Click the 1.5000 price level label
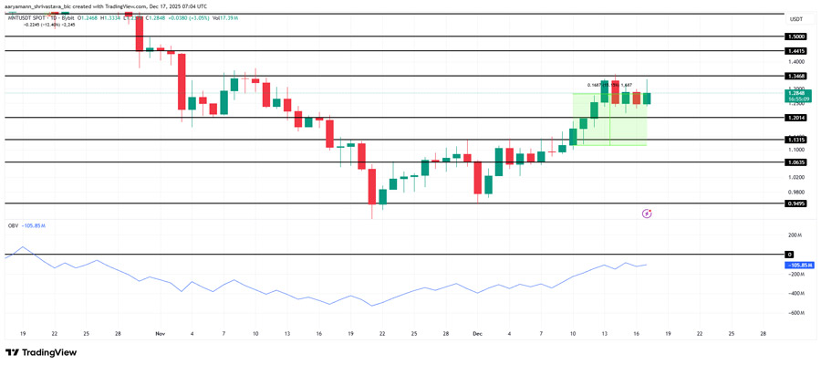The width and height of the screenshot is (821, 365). pos(795,36)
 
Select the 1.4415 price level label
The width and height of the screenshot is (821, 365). pos(795,51)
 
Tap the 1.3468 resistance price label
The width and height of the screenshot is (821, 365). pos(795,76)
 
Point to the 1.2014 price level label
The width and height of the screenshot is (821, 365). pos(795,118)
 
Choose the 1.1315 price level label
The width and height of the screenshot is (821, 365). pos(795,141)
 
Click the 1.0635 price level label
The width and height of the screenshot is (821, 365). pos(795,162)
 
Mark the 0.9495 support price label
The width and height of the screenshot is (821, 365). pos(795,203)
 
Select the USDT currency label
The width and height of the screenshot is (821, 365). pos(795,19)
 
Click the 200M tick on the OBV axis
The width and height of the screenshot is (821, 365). pos(795,235)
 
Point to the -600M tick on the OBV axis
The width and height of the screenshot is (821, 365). pos(795,313)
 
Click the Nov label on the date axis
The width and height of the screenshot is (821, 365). pos(160,334)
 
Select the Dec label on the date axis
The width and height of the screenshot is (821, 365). pos(476,334)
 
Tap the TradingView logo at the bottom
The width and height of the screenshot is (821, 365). pos(41,353)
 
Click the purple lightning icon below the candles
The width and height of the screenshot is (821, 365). pos(647,214)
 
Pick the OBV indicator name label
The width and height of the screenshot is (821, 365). pos(13,225)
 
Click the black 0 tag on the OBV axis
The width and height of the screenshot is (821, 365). pos(790,255)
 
